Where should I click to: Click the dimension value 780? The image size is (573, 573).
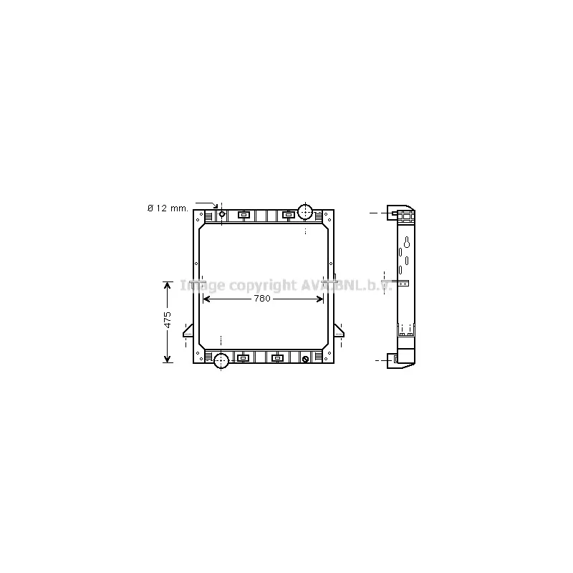(x=262, y=299)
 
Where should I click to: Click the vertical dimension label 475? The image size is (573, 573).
(x=168, y=320)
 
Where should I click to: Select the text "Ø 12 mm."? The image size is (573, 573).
(x=168, y=208)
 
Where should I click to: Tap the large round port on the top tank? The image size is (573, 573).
(x=306, y=212)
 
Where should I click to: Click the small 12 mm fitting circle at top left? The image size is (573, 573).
(x=222, y=213)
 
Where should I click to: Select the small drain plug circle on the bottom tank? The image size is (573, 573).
(x=306, y=359)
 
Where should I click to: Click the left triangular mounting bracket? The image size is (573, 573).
(x=189, y=332)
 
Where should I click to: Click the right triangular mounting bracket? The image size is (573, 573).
(x=339, y=332)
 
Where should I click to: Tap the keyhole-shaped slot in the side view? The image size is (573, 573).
(x=407, y=242)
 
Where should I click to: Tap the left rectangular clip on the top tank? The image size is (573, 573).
(x=244, y=215)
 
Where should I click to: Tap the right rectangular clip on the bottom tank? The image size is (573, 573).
(x=277, y=357)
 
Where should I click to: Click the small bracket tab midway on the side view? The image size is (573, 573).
(x=404, y=284)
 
